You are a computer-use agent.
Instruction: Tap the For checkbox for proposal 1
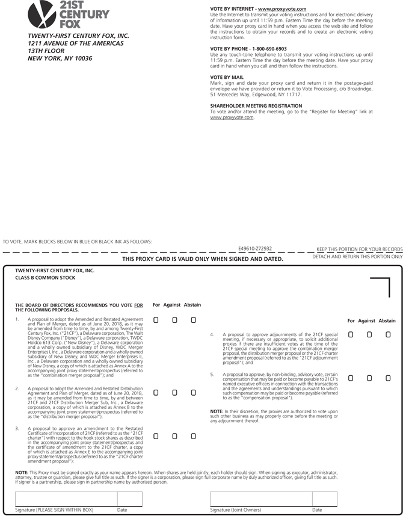click(x=156, y=320)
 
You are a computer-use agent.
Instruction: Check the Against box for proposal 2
click(x=174, y=393)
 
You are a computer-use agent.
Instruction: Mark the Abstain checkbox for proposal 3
click(x=193, y=435)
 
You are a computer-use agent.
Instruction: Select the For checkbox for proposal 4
click(x=351, y=334)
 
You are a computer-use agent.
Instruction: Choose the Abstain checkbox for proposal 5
click(x=388, y=378)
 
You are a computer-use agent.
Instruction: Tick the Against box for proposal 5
click(x=369, y=378)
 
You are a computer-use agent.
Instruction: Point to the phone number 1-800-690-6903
click(x=265, y=49)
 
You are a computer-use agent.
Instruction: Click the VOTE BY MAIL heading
click(x=227, y=78)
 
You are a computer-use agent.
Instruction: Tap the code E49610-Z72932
click(x=255, y=248)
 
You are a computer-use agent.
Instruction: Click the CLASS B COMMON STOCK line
click(x=45, y=278)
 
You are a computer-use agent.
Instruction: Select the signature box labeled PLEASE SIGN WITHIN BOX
click(x=65, y=499)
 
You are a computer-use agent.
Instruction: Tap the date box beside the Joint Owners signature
click(x=324, y=499)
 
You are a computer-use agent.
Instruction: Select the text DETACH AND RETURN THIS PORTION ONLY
click(x=357, y=257)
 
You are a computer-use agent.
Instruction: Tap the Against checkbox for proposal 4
click(x=369, y=334)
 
